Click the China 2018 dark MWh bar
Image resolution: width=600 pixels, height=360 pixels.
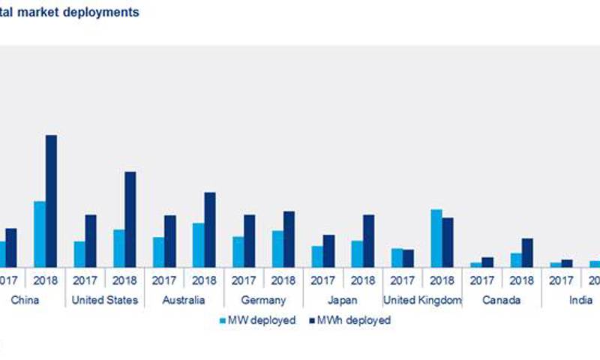click(x=51, y=201)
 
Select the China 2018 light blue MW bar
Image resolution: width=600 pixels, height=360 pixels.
click(x=39, y=234)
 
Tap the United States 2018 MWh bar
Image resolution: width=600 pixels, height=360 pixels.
click(x=130, y=219)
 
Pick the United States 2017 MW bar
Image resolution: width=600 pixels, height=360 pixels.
click(x=79, y=253)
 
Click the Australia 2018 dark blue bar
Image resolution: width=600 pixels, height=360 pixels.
click(x=209, y=229)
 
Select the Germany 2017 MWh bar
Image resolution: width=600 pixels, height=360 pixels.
click(x=249, y=241)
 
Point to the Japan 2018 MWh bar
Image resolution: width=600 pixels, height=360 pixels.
click(x=368, y=241)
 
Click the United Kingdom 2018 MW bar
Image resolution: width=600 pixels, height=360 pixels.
click(x=436, y=238)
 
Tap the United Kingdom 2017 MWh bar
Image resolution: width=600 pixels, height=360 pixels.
click(x=408, y=258)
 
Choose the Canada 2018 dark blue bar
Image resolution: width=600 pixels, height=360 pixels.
click(x=527, y=253)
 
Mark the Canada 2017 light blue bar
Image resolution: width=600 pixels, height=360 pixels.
click(x=475, y=264)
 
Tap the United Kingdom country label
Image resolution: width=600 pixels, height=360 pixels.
click(x=422, y=300)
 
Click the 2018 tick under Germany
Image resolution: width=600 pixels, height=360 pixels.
click(x=283, y=280)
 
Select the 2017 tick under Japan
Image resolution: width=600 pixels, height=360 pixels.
click(x=322, y=280)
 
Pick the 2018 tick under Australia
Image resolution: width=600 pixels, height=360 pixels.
click(x=203, y=280)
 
